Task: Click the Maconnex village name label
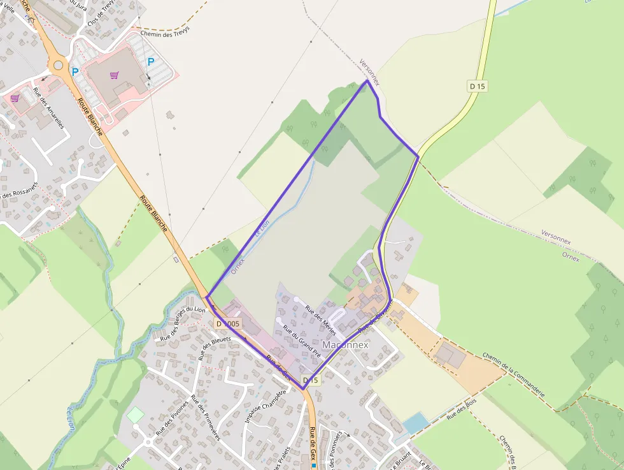[346, 344]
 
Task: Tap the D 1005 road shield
[228, 323]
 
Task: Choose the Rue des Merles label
[320, 316]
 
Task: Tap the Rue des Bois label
[462, 410]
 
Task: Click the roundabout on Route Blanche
[59, 64]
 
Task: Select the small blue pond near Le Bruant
[416, 422]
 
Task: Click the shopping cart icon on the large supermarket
[114, 75]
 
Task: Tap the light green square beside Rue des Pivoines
[136, 415]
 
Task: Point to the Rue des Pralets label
[281, 459]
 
